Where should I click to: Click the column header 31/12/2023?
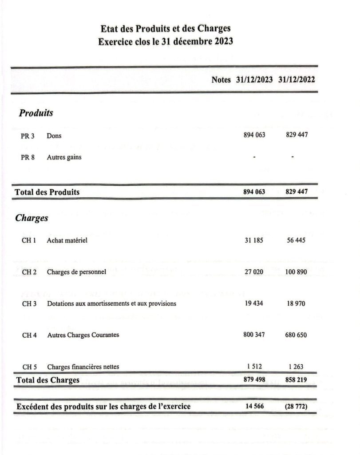pyautogui.click(x=255, y=80)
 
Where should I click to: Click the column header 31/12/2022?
pyautogui.click(x=297, y=80)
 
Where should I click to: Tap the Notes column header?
pyautogui.click(x=221, y=80)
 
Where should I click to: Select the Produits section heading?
pyautogui.click(x=36, y=113)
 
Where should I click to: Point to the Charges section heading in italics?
pyautogui.click(x=32, y=218)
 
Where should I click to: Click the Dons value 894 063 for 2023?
pyautogui.click(x=254, y=135)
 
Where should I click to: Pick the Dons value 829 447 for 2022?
pyautogui.click(x=297, y=135)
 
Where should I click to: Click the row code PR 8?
pyautogui.click(x=28, y=157)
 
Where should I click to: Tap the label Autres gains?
pyautogui.click(x=64, y=157)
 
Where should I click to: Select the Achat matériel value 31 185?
pyautogui.click(x=254, y=240)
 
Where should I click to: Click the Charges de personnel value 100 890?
pyautogui.click(x=296, y=272)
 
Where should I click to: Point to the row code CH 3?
pyautogui.click(x=29, y=303)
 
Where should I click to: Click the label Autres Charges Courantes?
pyautogui.click(x=83, y=335)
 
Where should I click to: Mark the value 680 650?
pyautogui.click(x=296, y=335)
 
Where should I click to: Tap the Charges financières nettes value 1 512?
pyautogui.click(x=254, y=367)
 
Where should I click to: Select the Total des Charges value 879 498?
pyautogui.click(x=254, y=380)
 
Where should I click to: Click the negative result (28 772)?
pyautogui.click(x=296, y=407)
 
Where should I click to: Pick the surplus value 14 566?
pyautogui.click(x=254, y=407)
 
